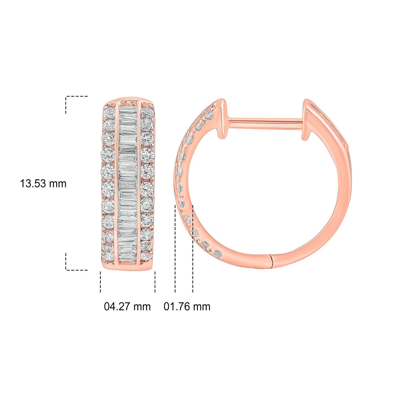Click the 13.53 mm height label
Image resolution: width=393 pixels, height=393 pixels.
tap(43, 184)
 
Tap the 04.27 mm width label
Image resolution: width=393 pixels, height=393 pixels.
tap(127, 307)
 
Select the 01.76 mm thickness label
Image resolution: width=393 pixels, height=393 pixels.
tap(187, 307)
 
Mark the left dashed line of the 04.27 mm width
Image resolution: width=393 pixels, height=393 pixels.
tap(100, 282)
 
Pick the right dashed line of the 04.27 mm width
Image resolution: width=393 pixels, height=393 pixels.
tap(155, 282)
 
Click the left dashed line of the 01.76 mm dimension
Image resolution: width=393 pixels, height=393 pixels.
tap(175, 249)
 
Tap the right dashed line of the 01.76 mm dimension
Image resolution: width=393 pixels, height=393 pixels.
tap(193, 249)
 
